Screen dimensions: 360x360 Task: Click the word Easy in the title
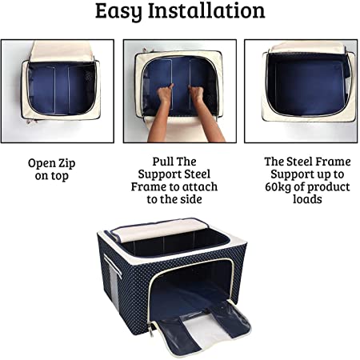(x=118, y=12)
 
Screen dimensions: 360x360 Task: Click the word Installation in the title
(x=206, y=10)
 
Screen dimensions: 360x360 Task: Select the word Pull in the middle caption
(x=162, y=162)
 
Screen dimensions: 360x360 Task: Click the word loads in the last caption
(x=307, y=199)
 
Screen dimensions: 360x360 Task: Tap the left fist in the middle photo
(x=165, y=93)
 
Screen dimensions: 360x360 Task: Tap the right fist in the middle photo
(x=196, y=93)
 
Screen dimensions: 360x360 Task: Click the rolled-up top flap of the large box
(x=159, y=230)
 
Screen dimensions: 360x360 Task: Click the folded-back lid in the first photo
(x=62, y=51)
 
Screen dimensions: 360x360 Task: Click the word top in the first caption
(x=60, y=176)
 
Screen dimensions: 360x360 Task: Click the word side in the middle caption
(x=192, y=199)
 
